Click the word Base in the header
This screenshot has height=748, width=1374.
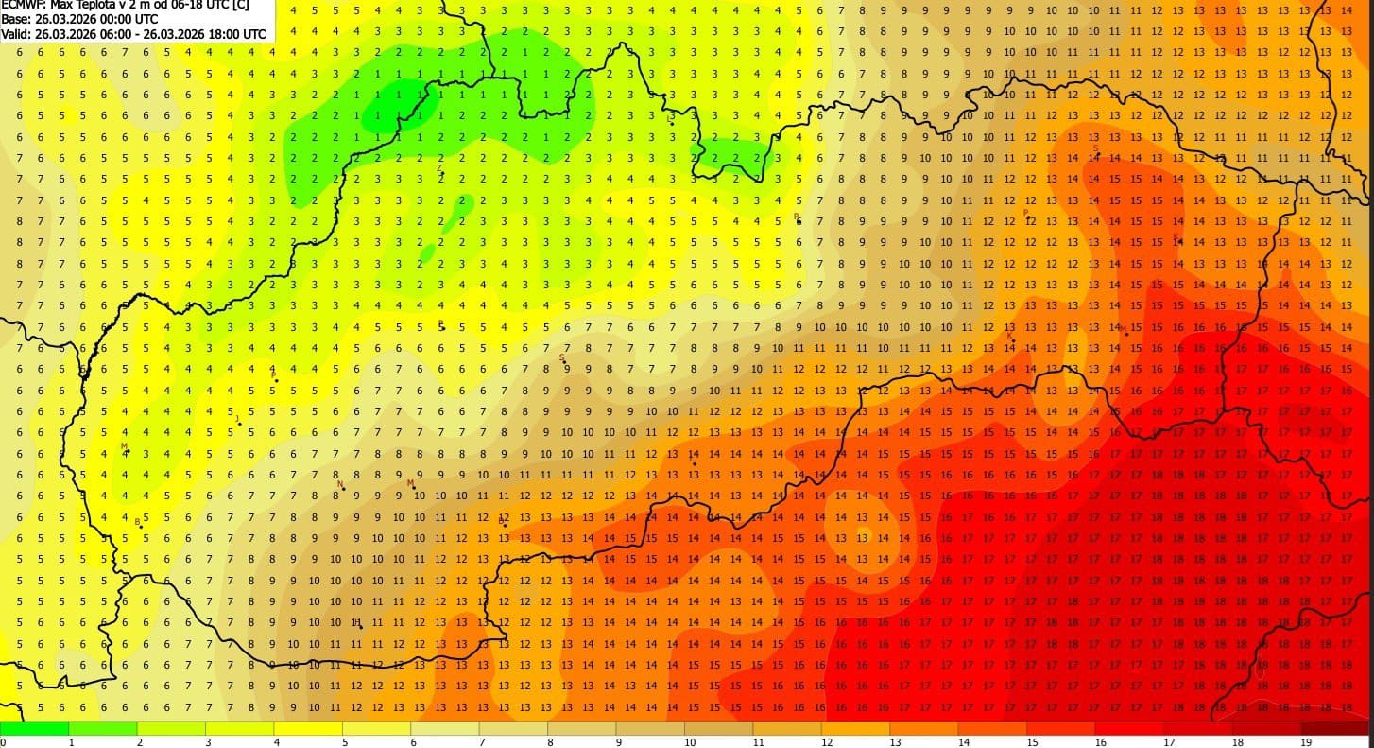[x=16, y=19]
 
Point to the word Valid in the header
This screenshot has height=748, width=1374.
[x=16, y=33]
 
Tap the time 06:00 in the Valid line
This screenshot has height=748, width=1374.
[x=118, y=33]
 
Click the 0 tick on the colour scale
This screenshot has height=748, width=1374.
[x=3, y=742]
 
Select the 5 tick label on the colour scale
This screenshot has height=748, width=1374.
[x=345, y=742]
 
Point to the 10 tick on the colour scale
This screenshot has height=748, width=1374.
[x=690, y=742]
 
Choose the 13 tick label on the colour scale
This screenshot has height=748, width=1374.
[x=895, y=742]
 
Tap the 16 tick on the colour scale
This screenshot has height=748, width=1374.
[x=1100, y=742]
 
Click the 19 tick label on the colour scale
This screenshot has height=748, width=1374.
[x=1306, y=742]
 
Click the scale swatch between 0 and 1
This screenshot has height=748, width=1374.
[x=34, y=728]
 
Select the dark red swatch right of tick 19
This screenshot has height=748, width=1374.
[x=1340, y=728]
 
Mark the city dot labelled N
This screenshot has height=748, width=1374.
[x=344, y=489]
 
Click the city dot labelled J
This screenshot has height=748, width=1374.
[x=240, y=424]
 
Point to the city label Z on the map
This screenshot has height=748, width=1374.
[x=439, y=168]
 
